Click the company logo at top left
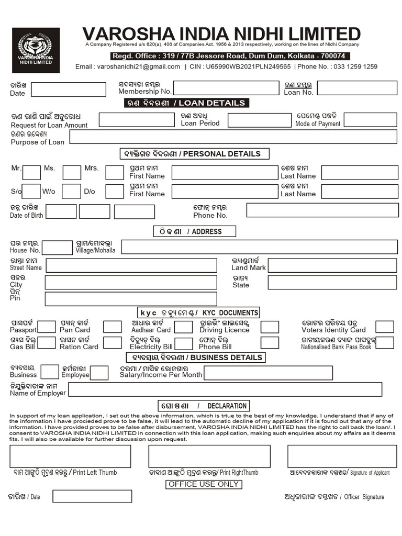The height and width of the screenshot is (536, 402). pos(39,50)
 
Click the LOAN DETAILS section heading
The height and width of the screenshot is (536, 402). pos(186,103)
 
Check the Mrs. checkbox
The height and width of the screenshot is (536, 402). pos(114,172)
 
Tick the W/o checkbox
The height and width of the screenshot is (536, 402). pos(72,191)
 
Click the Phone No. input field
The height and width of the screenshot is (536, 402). pos(320,210)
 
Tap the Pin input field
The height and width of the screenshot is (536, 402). pos(130,299)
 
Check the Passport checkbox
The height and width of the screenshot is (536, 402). pos(47,327)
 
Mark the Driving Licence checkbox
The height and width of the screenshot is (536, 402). pos(270,327)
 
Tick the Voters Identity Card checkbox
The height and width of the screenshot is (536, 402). pos(385,327)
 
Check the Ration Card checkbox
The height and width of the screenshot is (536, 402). pos(112,343)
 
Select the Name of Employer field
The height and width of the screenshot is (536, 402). pos(232,389)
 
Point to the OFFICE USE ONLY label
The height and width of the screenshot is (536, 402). pos(204,484)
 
